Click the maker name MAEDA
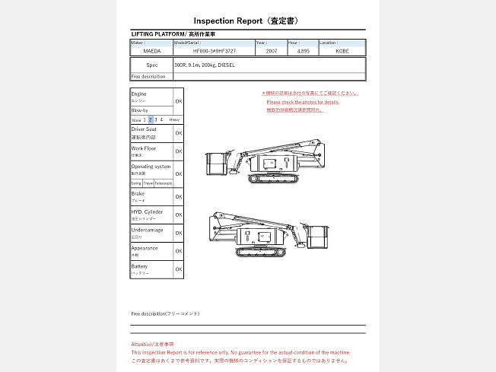[151, 51]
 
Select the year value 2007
[272, 51]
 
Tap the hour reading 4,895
[304, 51]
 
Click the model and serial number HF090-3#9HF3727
[214, 51]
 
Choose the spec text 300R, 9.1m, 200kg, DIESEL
[205, 65]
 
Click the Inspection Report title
[247, 21]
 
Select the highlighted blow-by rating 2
[151, 119]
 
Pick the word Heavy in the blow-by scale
[174, 119]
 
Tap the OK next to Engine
[179, 100]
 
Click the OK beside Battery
[179, 269]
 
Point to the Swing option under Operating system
[135, 183]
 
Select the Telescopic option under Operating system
[164, 183]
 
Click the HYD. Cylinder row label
[147, 211]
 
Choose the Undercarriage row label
[146, 230]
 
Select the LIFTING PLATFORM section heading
[173, 34]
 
